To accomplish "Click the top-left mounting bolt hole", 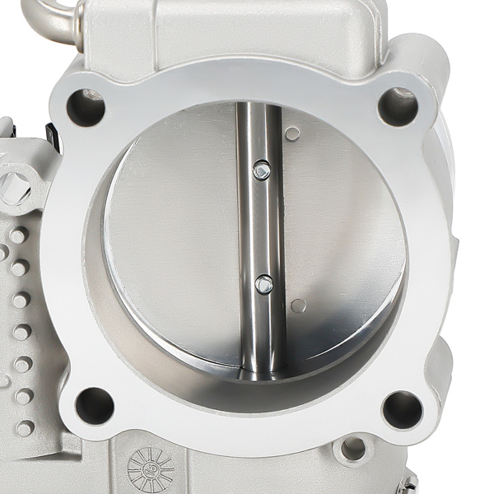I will [x=86, y=107].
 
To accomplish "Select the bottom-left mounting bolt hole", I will [x=95, y=405].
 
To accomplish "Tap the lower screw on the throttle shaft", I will [x=263, y=284].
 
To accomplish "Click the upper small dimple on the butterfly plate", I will [x=292, y=133].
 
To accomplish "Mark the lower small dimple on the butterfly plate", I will [x=298, y=306].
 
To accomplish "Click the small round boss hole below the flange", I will [x=354, y=449].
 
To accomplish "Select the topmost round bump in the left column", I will [x=18, y=237].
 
